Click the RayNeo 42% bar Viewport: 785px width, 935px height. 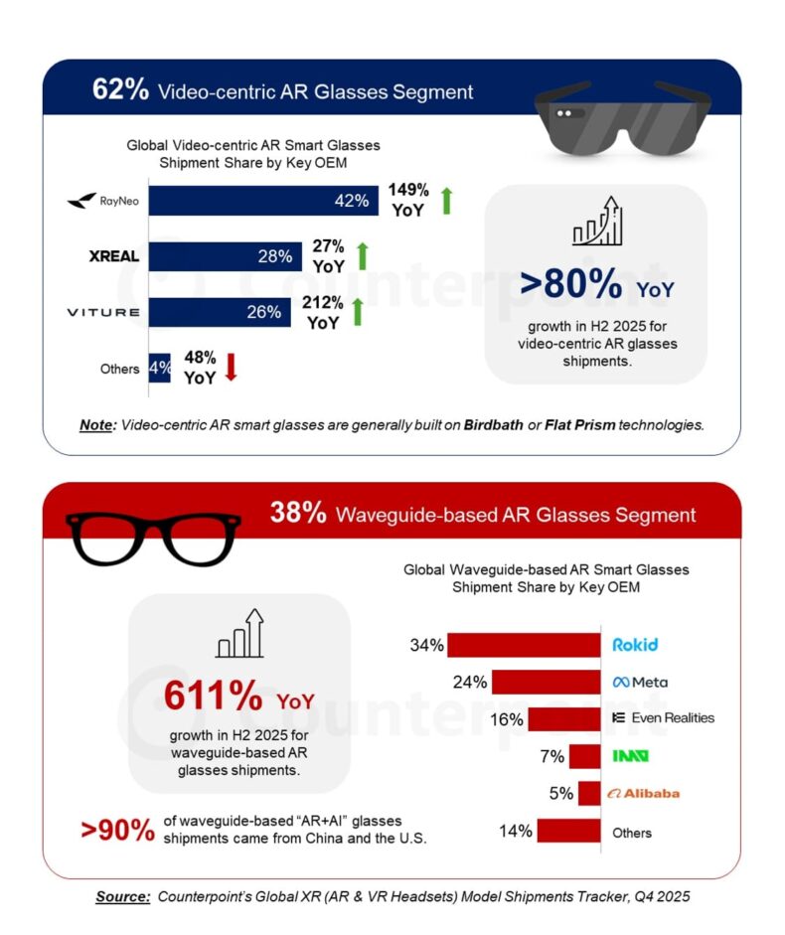pyautogui.click(x=263, y=200)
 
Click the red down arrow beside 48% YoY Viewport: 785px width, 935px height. pyautogui.click(x=232, y=367)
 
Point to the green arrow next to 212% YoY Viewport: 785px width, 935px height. pyautogui.click(x=358, y=312)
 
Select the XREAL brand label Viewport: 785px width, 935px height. pyautogui.click(x=111, y=256)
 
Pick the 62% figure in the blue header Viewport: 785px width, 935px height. pyautogui.click(x=120, y=90)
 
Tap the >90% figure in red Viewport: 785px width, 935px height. pyautogui.click(x=118, y=828)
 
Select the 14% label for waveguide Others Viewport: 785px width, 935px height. pyautogui.click(x=516, y=831)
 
